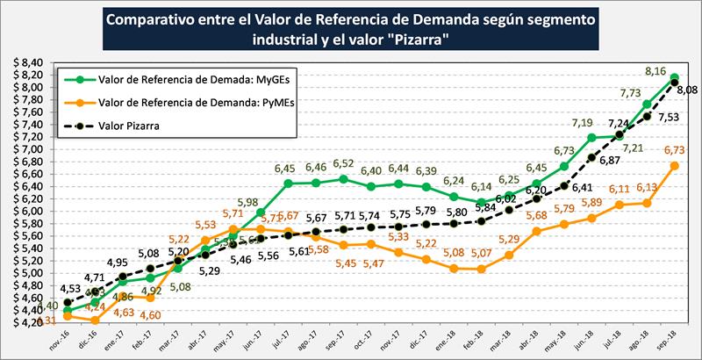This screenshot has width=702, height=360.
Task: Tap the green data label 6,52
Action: [343, 164]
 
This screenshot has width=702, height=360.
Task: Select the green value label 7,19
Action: [583, 123]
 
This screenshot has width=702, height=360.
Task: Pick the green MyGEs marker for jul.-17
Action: [288, 184]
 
